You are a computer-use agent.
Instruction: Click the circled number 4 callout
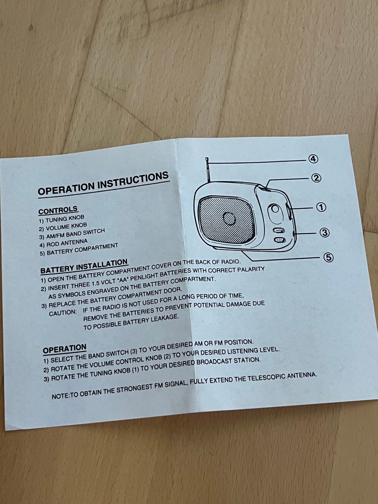(x=313, y=159)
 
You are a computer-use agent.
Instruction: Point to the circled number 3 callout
(x=324, y=233)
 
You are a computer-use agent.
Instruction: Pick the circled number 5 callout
(x=328, y=258)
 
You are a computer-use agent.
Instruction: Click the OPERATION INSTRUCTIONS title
(x=104, y=184)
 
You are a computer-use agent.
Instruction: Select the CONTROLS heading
(x=58, y=210)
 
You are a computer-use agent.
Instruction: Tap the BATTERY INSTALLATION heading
(x=84, y=266)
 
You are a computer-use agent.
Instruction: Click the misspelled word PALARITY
(x=251, y=269)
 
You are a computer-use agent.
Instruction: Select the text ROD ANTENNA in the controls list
(x=67, y=243)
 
